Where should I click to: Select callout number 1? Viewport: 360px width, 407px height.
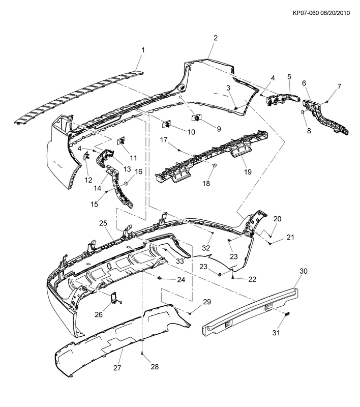click(x=143, y=50)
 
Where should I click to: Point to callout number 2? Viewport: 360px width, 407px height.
click(x=216, y=38)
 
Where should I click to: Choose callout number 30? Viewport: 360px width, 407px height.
click(x=304, y=272)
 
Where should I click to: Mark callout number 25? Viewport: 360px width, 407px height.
click(x=103, y=223)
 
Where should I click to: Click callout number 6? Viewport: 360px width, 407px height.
click(x=304, y=83)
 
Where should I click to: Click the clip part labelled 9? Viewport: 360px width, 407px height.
click(x=195, y=119)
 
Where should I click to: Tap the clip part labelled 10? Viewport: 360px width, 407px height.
click(x=165, y=125)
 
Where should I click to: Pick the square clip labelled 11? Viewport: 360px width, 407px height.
click(x=121, y=142)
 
